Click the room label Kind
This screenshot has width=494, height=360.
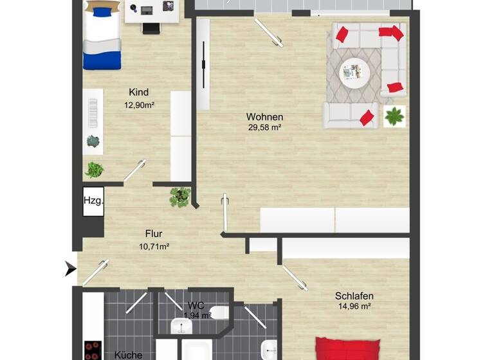click(138, 92)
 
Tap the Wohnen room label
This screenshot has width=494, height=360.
click(264, 117)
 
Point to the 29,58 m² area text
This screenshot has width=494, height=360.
click(264, 128)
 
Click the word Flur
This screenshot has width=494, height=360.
click(154, 234)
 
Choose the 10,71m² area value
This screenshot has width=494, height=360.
click(154, 246)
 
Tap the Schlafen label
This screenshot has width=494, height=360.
click(354, 296)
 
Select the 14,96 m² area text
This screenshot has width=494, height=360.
click(354, 307)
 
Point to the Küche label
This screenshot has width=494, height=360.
click(128, 354)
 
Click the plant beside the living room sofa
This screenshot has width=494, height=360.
click(394, 116)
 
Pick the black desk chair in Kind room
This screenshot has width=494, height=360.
click(151, 30)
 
